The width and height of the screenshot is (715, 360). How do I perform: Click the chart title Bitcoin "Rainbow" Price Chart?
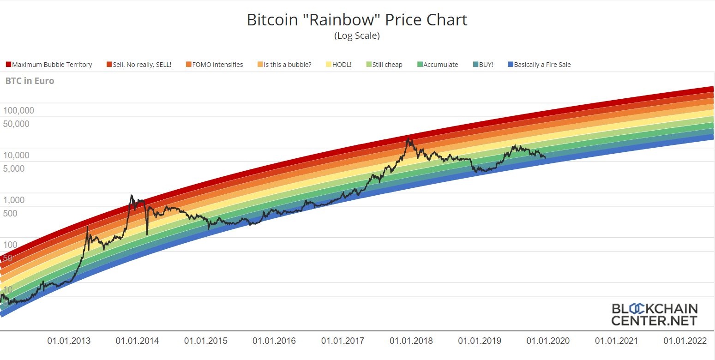pyautogui.click(x=357, y=20)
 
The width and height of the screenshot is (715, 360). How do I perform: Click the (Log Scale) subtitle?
pyautogui.click(x=357, y=36)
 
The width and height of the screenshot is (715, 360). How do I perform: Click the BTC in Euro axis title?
pyautogui.click(x=30, y=81)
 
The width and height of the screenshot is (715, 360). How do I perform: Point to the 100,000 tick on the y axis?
pyautogui.click(x=18, y=111)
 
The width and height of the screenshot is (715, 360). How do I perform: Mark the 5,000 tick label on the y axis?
pyautogui.click(x=14, y=169)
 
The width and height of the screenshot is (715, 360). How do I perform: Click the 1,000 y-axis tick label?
pyautogui.click(x=14, y=200)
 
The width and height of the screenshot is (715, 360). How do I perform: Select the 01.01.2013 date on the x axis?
pyautogui.click(x=69, y=341)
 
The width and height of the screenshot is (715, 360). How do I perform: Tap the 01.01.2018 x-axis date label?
pyautogui.click(x=411, y=341)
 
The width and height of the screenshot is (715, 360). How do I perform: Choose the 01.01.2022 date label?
pyautogui.click(x=685, y=341)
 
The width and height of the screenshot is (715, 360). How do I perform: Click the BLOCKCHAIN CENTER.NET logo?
pyautogui.click(x=655, y=314)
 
